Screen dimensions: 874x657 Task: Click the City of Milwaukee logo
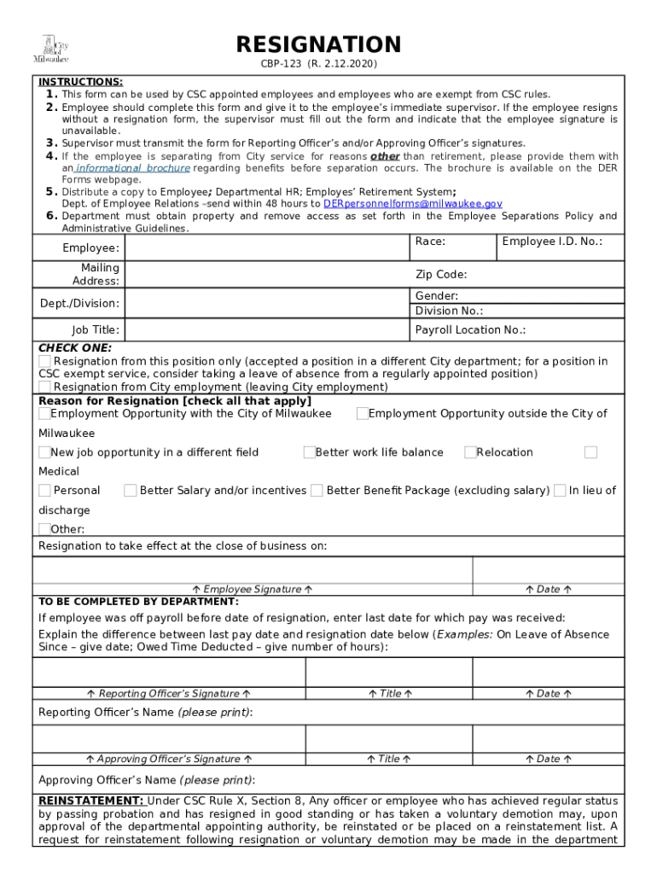tap(50, 50)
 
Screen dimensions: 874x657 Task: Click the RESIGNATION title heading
tap(318, 44)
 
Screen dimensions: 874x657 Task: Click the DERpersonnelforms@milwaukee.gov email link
tap(412, 204)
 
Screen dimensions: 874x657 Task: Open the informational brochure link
tap(131, 168)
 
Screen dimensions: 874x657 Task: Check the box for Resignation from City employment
tap(44, 387)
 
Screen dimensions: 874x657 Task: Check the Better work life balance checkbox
tap(309, 452)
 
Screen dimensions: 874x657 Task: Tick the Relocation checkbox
tap(470, 452)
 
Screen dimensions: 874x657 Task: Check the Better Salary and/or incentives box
tap(131, 491)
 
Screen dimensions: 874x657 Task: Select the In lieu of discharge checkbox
tap(560, 491)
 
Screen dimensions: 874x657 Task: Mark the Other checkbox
tap(44, 529)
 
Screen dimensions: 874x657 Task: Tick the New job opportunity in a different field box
tap(44, 452)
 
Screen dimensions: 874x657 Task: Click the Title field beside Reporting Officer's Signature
tap(388, 673)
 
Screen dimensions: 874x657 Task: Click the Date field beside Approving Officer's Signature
tap(548, 739)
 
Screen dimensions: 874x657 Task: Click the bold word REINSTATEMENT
tap(90, 801)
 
